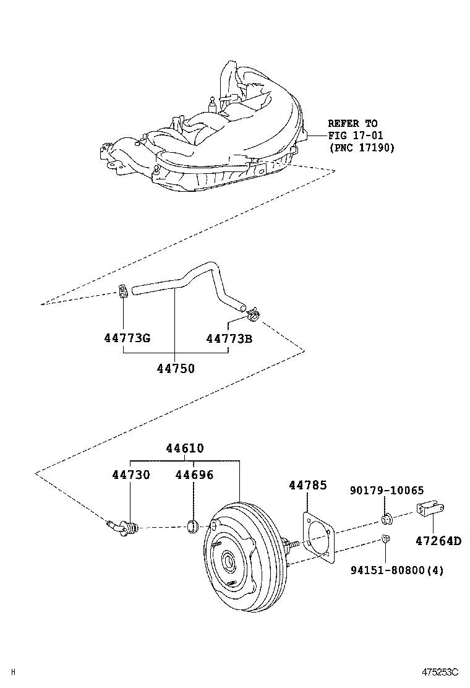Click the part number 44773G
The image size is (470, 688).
(x=127, y=338)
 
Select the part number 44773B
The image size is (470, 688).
(x=229, y=338)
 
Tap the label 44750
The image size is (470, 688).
(x=176, y=369)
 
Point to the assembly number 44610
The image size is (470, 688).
(x=184, y=448)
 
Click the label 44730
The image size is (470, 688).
(x=131, y=475)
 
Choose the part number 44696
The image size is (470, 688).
(x=194, y=475)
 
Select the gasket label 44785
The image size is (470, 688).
(x=307, y=486)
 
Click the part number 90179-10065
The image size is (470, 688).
(x=387, y=491)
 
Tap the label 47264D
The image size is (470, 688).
(x=438, y=540)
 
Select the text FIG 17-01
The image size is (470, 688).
(x=355, y=135)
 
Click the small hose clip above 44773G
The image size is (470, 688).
(x=122, y=290)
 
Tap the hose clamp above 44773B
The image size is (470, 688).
(x=253, y=316)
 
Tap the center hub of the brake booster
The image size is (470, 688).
(x=229, y=562)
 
